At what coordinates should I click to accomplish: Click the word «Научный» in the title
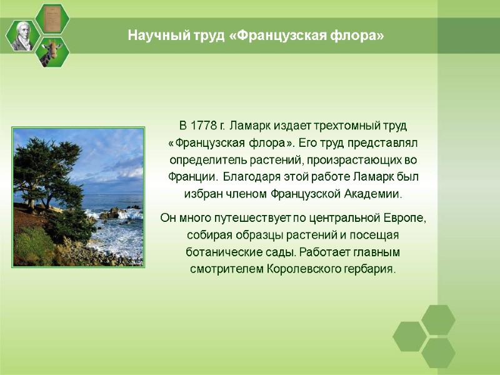[151, 36]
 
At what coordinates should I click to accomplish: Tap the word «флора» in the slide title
[355, 36]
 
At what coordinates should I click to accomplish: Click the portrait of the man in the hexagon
[22, 35]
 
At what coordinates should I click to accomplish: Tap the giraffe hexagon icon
[52, 52]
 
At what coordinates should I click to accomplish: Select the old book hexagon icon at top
[52, 18]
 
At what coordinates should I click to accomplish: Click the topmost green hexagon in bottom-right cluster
[438, 320]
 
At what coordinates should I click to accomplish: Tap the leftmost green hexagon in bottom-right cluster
[409, 336]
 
